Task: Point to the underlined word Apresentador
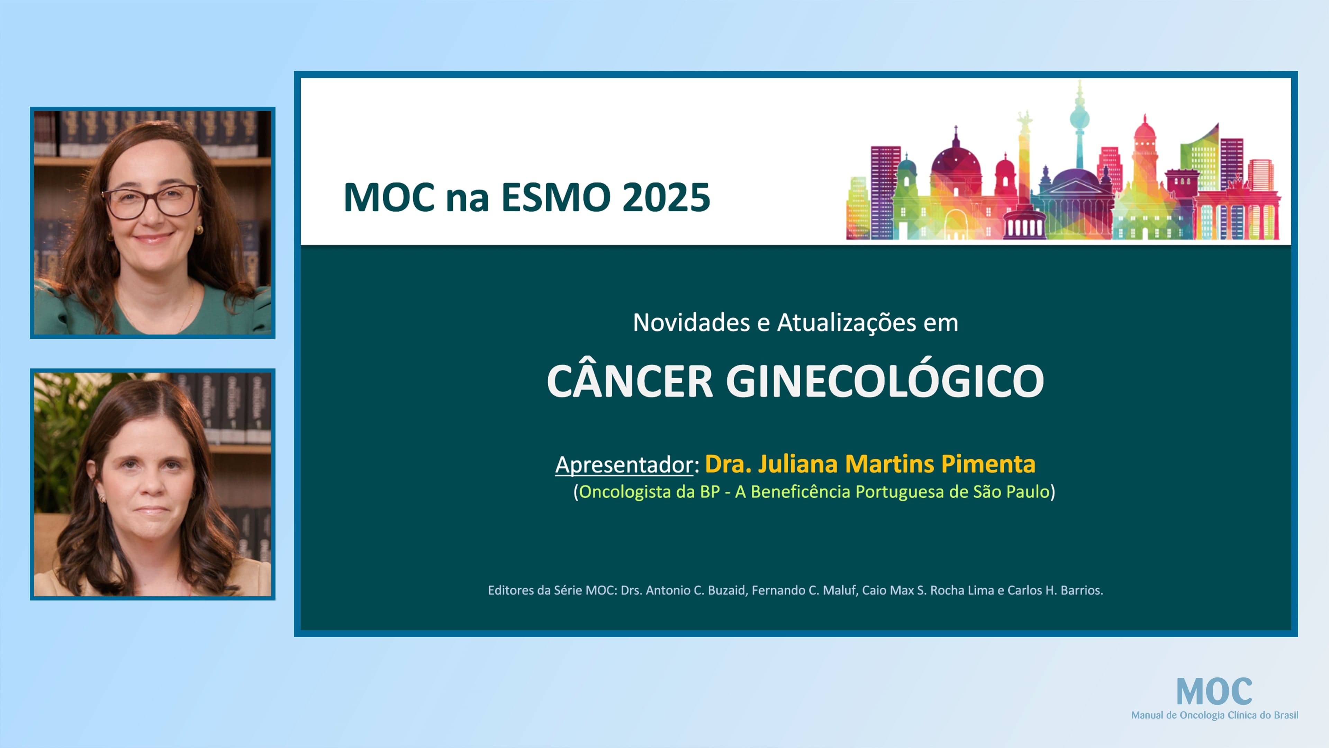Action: [624, 465]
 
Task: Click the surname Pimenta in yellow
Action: [988, 464]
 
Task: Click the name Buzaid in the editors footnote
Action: [726, 590]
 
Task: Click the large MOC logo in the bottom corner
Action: [1214, 692]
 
